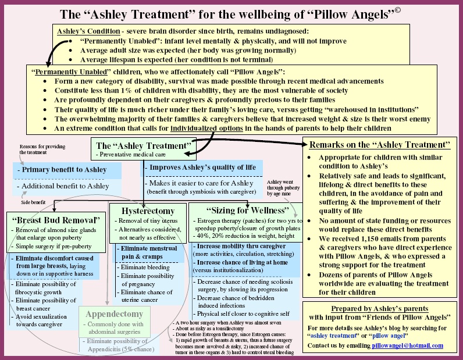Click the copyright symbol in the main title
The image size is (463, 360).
[x=397, y=10]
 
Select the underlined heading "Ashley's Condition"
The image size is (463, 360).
[x=88, y=31]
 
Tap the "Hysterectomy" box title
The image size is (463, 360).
[x=148, y=211]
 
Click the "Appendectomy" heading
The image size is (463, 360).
[x=114, y=313]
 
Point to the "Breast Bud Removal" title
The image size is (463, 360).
[x=56, y=220]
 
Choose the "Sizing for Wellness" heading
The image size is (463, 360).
[x=247, y=211]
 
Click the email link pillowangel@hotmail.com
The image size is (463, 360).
[x=408, y=345]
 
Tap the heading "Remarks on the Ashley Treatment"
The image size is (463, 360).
[x=380, y=145]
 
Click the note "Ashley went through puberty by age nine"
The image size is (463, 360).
[x=283, y=188]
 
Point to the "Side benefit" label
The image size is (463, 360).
[x=33, y=202]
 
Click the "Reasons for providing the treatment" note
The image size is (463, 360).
[x=42, y=149]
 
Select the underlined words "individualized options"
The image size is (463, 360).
[x=206, y=129]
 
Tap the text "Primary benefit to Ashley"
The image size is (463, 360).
[x=62, y=169]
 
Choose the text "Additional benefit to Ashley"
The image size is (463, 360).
[x=63, y=186]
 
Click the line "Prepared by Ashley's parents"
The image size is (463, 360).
[x=379, y=309]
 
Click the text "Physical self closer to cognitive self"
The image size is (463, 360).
[x=241, y=313]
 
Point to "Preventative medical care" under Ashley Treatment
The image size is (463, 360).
[x=130, y=155]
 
